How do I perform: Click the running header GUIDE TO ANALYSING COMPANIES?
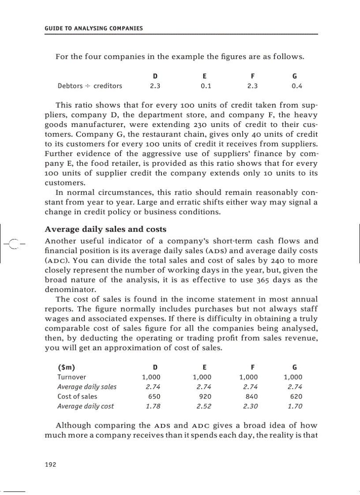pos(94,29)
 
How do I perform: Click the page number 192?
pos(50,465)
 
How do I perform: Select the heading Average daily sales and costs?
pos(105,229)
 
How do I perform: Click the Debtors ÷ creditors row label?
pos(90,86)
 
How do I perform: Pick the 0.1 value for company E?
pos(206,86)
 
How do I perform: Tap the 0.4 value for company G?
pos(297,86)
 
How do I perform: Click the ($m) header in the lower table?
pos(66,367)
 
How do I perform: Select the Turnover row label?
pos(72,377)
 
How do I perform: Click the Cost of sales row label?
pos(77,396)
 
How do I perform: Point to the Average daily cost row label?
pos(86,406)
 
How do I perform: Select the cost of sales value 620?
pos(296,396)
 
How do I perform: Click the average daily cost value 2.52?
pos(204,406)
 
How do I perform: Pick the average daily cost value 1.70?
pos(295,406)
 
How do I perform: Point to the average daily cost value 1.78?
pos(153,406)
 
